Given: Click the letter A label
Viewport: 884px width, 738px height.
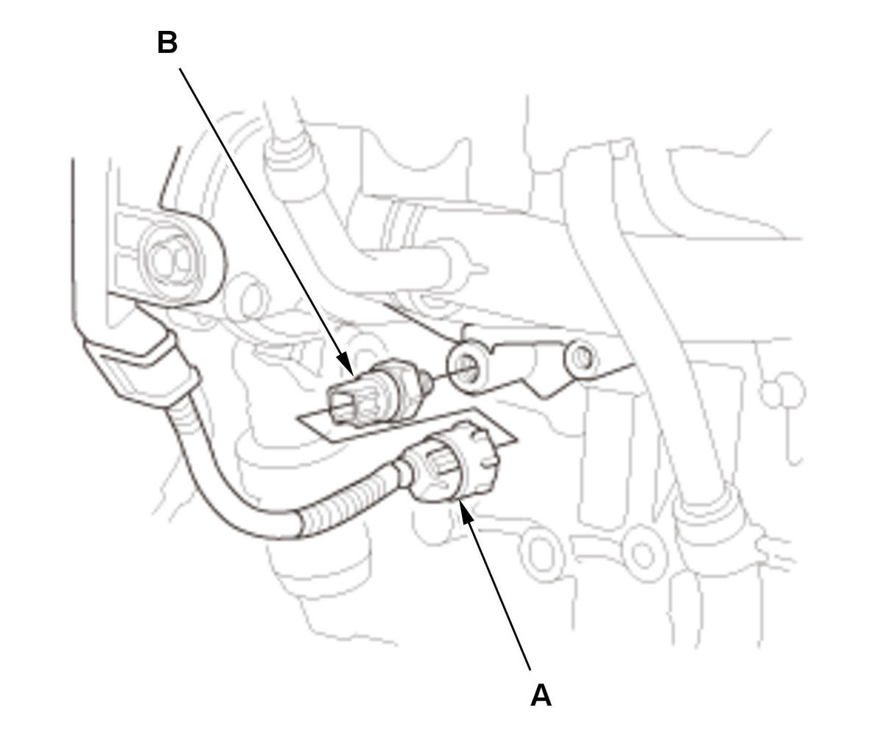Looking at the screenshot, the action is (541, 695).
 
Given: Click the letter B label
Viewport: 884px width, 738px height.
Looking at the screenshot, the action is (167, 43).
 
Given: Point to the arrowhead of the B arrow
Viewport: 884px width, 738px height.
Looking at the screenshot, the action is (346, 364).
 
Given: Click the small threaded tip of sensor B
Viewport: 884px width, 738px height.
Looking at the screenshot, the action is (427, 381).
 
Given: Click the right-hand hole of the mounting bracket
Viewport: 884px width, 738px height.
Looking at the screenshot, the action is (580, 359).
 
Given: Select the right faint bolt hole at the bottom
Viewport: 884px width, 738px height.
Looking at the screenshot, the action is (644, 555).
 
